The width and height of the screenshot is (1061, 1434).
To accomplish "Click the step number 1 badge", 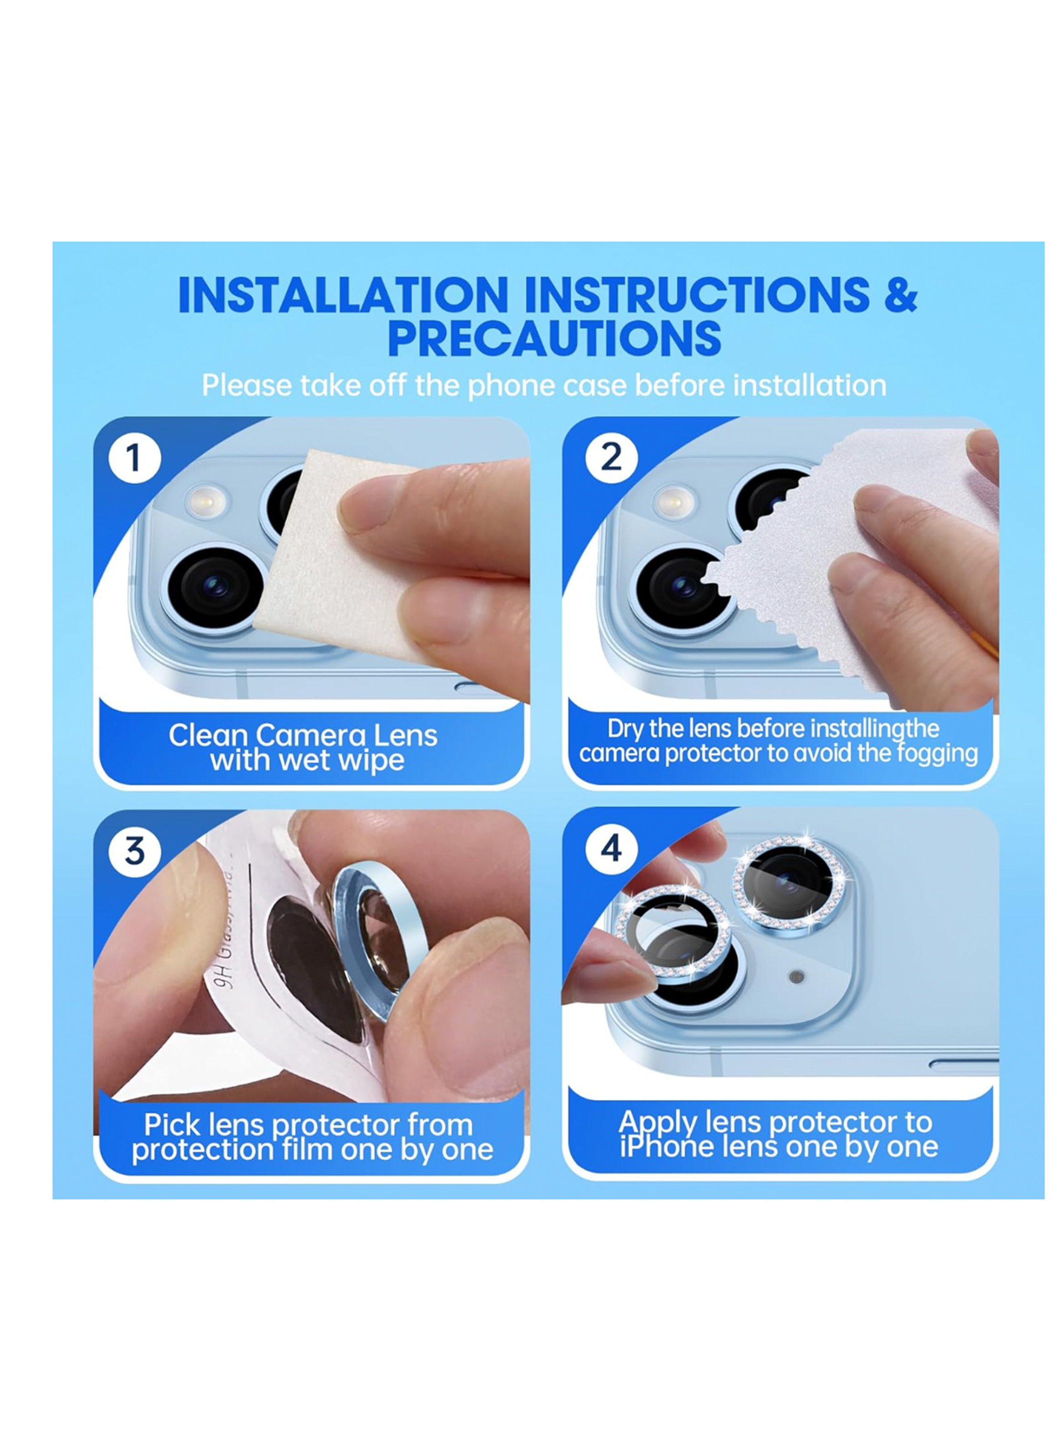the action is (134, 458).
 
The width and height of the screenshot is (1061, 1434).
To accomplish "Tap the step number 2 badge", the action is (611, 458).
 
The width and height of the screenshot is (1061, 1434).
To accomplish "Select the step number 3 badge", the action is (134, 851).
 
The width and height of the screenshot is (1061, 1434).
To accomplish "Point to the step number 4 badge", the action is (611, 849).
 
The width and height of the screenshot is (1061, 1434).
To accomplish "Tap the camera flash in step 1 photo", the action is (206, 501).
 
